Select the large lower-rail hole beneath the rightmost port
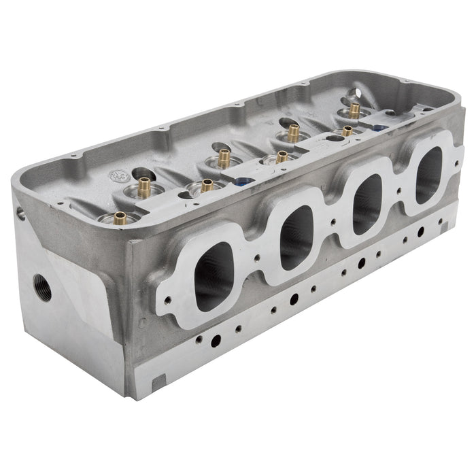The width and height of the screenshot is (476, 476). click(421, 232)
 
